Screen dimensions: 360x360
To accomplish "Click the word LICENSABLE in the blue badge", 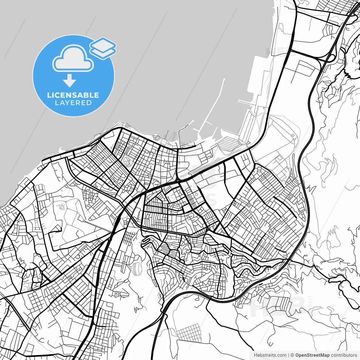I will [73, 95].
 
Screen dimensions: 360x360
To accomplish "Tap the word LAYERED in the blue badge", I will [73, 103].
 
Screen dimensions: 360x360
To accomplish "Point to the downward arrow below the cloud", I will [69, 81].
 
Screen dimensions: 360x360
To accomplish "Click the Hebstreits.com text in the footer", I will [270, 355].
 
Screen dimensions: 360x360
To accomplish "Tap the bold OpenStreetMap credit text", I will [312, 355].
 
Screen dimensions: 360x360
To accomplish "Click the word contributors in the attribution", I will [344, 355].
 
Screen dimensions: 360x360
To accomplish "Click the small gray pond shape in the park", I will [60, 207].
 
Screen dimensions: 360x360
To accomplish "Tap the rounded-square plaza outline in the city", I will [128, 161].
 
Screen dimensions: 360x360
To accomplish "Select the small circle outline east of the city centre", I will [196, 194].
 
